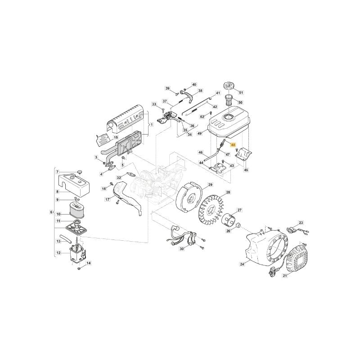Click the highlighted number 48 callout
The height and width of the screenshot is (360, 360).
click(x=233, y=145)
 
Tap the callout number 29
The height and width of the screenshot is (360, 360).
click(x=210, y=184)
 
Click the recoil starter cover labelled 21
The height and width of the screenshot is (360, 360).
click(x=297, y=258)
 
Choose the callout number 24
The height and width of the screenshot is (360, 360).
click(x=242, y=264)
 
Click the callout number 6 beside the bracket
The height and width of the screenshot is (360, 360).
click(x=51, y=212)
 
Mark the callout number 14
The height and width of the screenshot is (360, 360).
click(x=88, y=263)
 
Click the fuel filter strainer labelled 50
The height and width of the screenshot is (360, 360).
click(x=229, y=100)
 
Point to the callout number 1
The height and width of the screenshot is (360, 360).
click(x=152, y=125)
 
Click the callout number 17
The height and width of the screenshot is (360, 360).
click(x=108, y=199)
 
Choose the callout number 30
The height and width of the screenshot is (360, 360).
click(x=182, y=249)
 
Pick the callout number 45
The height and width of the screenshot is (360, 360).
click(x=246, y=170)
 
